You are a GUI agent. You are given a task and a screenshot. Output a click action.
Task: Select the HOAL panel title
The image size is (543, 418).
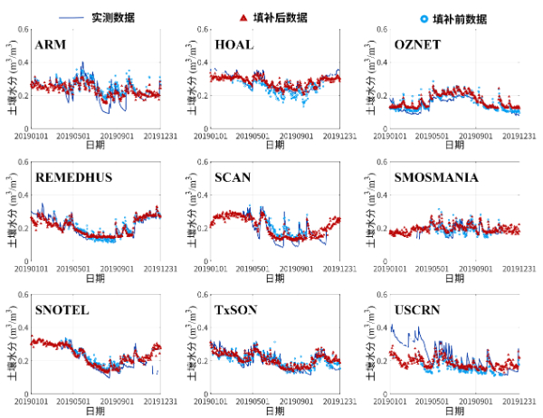pos(233,44)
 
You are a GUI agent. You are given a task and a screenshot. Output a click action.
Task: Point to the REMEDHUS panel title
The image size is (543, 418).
pos(73,177)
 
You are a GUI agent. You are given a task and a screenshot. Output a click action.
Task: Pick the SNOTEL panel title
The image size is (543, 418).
pos(61,310)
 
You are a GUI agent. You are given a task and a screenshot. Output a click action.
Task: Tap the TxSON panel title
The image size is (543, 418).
pos(235,310)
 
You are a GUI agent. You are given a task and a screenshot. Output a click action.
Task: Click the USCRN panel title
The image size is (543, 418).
pos(417,310)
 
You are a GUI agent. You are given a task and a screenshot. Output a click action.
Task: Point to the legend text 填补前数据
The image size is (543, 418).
pos(460,17)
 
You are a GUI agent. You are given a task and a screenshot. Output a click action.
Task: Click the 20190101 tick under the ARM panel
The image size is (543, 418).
pos(33,136)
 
